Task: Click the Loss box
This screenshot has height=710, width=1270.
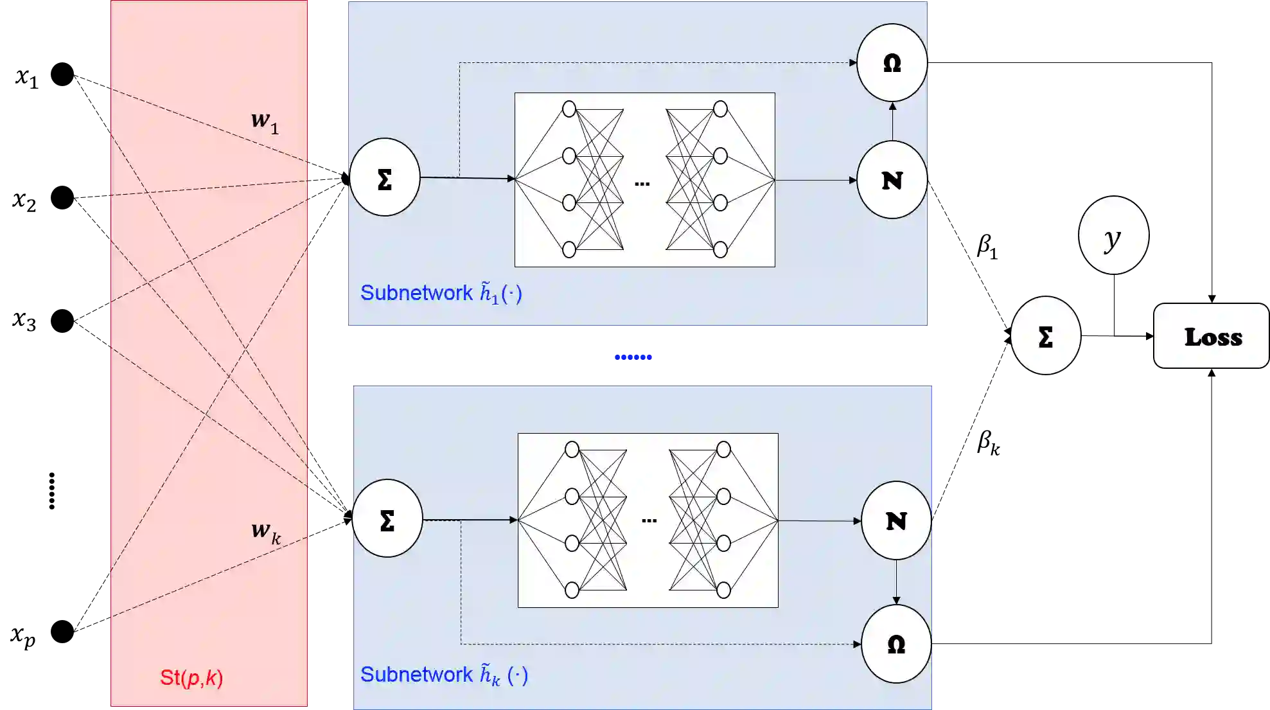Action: click(x=1212, y=337)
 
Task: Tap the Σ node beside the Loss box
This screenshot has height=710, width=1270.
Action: click(x=1045, y=336)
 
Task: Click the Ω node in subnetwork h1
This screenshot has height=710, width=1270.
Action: click(x=892, y=63)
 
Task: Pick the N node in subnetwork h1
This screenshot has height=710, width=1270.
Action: click(x=892, y=180)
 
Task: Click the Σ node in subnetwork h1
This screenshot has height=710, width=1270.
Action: click(x=385, y=178)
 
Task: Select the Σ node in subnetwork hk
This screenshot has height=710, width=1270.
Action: click(x=387, y=519)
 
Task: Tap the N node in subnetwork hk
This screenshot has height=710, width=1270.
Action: click(x=895, y=520)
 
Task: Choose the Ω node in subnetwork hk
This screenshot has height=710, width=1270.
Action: click(x=895, y=644)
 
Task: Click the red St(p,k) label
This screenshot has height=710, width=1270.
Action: click(x=191, y=678)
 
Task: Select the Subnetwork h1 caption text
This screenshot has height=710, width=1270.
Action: click(x=441, y=293)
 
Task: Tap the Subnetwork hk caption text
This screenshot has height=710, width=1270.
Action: click(x=444, y=675)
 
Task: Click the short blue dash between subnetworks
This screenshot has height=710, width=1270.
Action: click(x=632, y=357)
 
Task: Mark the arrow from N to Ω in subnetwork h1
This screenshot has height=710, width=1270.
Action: click(x=892, y=121)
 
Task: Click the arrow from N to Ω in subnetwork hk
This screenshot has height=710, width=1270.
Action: click(x=896, y=582)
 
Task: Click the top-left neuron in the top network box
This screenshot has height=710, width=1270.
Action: click(x=569, y=109)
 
